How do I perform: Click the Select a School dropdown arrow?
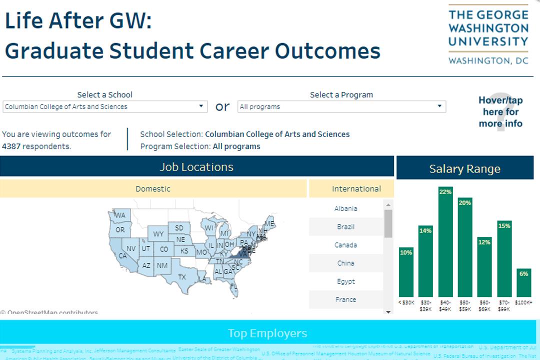pyautogui.click(x=201, y=106)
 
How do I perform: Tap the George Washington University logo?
pyautogui.click(x=488, y=35)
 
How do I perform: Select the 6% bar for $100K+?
pyautogui.click(x=523, y=283)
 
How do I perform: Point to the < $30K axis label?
pyautogui.click(x=406, y=302)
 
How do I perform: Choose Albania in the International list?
pyautogui.click(x=345, y=208)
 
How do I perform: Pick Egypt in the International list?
pyautogui.click(x=345, y=281)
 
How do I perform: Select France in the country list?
pyautogui.click(x=345, y=299)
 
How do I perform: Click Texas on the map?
pyautogui.click(x=182, y=276)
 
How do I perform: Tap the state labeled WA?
pyautogui.click(x=120, y=215)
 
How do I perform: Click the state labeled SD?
pyautogui.click(x=179, y=228)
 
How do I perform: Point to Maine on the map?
pyautogui.click(x=269, y=223)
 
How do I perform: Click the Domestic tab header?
pyautogui.click(x=153, y=189)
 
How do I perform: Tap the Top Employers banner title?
pyautogui.click(x=267, y=333)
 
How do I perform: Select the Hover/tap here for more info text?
pyautogui.click(x=500, y=112)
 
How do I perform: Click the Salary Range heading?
pyautogui.click(x=464, y=169)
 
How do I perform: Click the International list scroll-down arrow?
pyautogui.click(x=388, y=311)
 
